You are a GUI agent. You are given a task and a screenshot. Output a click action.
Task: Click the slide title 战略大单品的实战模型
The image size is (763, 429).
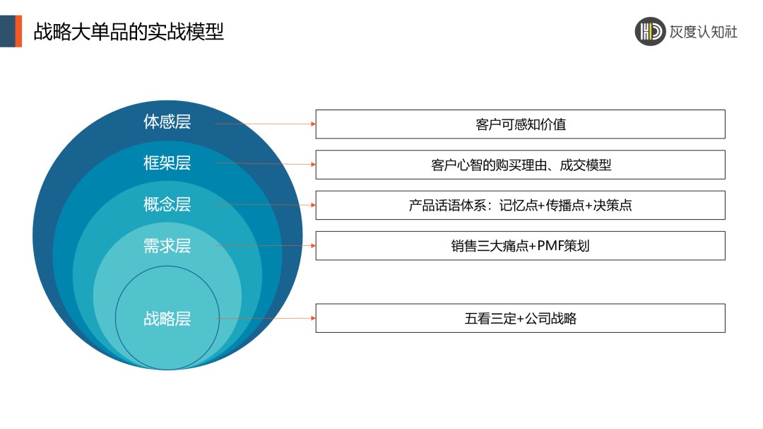129,32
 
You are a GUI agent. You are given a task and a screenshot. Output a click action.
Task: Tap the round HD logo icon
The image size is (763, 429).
650,32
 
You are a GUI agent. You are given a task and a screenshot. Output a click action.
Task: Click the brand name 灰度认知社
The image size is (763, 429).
703,32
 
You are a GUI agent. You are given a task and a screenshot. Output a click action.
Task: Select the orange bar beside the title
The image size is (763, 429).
18,31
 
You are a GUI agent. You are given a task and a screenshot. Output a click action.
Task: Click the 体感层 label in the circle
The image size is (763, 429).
167,122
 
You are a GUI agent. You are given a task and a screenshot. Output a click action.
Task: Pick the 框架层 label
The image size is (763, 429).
167,163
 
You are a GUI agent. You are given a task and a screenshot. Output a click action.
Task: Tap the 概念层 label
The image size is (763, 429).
167,204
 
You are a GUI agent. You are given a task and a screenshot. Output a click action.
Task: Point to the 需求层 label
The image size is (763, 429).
167,245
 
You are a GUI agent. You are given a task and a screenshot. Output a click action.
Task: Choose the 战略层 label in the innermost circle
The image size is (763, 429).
167,319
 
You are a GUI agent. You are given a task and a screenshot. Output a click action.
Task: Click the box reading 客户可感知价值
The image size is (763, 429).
520,124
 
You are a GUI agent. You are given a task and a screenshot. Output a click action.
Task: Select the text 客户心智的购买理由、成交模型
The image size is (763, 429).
521,165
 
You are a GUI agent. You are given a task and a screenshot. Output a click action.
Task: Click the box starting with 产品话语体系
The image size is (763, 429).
520,205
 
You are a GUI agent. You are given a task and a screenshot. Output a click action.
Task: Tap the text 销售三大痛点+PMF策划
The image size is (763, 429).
520,246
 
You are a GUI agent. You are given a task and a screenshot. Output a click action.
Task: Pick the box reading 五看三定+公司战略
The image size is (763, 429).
520,319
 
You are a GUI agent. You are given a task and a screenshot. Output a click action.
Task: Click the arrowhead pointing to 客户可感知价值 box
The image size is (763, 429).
313,124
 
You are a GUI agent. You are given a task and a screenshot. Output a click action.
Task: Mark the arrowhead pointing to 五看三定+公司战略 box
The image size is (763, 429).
313,319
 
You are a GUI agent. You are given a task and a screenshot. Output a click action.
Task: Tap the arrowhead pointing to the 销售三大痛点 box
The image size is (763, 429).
313,245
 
